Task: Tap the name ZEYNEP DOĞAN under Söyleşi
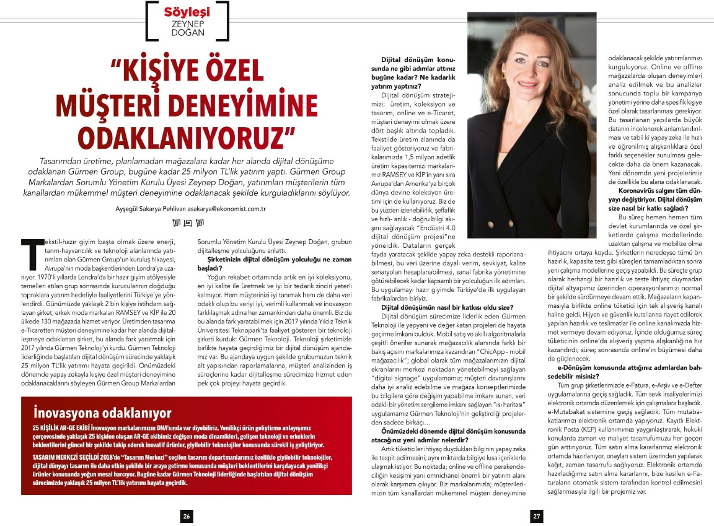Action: point(187,29)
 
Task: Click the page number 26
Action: point(185,515)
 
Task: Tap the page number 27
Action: point(537,515)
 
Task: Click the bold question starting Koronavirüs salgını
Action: point(658,199)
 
